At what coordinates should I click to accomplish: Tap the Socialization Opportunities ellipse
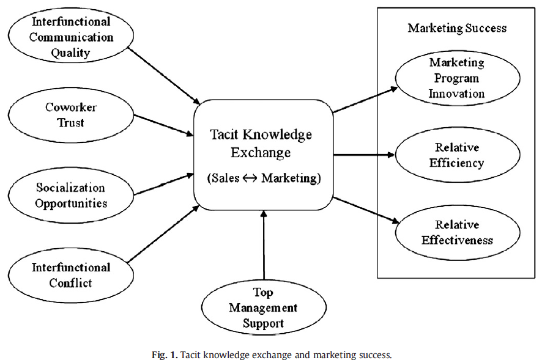71,195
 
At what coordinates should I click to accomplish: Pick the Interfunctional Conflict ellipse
71,275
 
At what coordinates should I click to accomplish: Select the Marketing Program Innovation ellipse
457,78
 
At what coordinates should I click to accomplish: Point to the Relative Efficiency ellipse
457,155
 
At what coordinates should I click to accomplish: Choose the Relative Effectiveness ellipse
457,232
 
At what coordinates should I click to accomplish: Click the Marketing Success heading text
457,28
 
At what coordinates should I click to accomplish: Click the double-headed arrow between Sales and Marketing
251,178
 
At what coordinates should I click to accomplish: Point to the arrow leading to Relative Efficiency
365,155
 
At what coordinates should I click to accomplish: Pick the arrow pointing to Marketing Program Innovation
365,100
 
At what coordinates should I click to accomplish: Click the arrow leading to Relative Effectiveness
365,210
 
